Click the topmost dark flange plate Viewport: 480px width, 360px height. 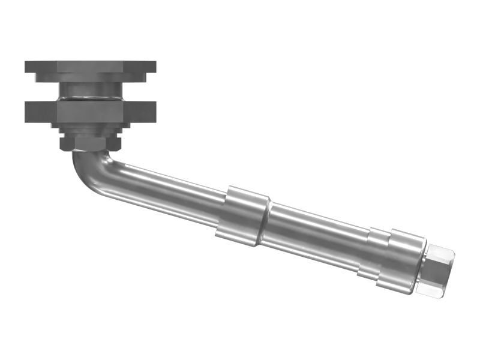[90, 66]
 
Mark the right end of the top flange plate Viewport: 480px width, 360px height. [152, 66]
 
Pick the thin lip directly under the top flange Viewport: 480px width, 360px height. [90, 77]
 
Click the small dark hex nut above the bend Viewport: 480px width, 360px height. [90, 143]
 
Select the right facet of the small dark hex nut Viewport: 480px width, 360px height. [116, 143]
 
